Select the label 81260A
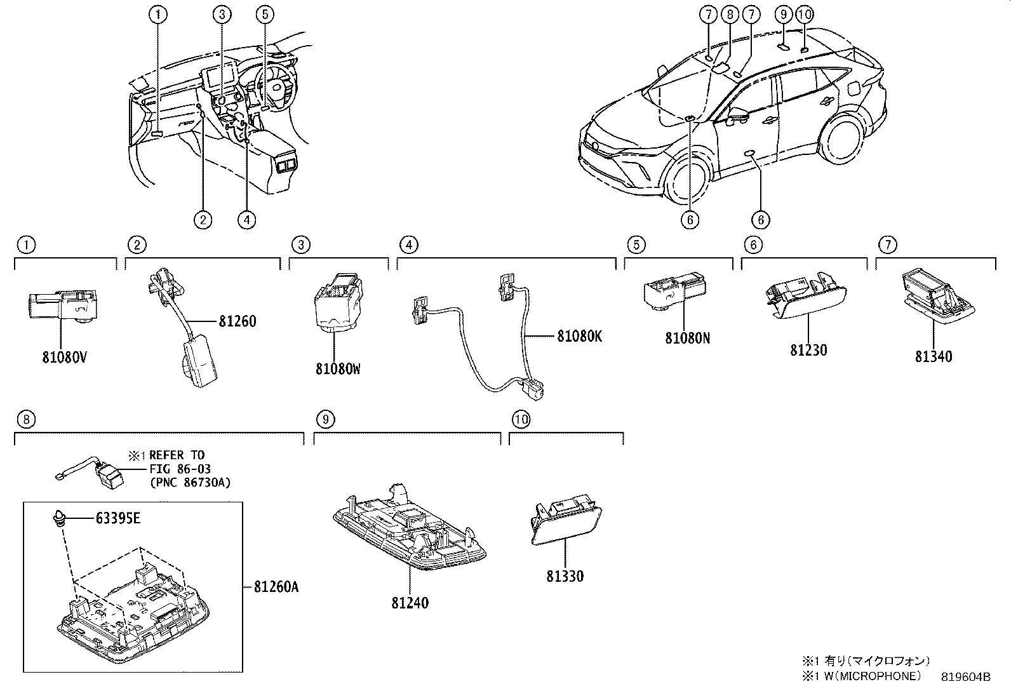pyautogui.click(x=276, y=587)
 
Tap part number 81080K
pyautogui.click(x=579, y=337)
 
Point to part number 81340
pyautogui.click(x=933, y=357)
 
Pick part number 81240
pyautogui.click(x=410, y=603)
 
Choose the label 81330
pyautogui.click(x=565, y=576)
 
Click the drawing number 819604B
pyautogui.click(x=965, y=677)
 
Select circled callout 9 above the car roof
pyautogui.click(x=784, y=14)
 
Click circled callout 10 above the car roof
pyautogui.click(x=804, y=14)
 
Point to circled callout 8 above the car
pyautogui.click(x=730, y=14)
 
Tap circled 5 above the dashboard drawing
pyautogui.click(x=265, y=14)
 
